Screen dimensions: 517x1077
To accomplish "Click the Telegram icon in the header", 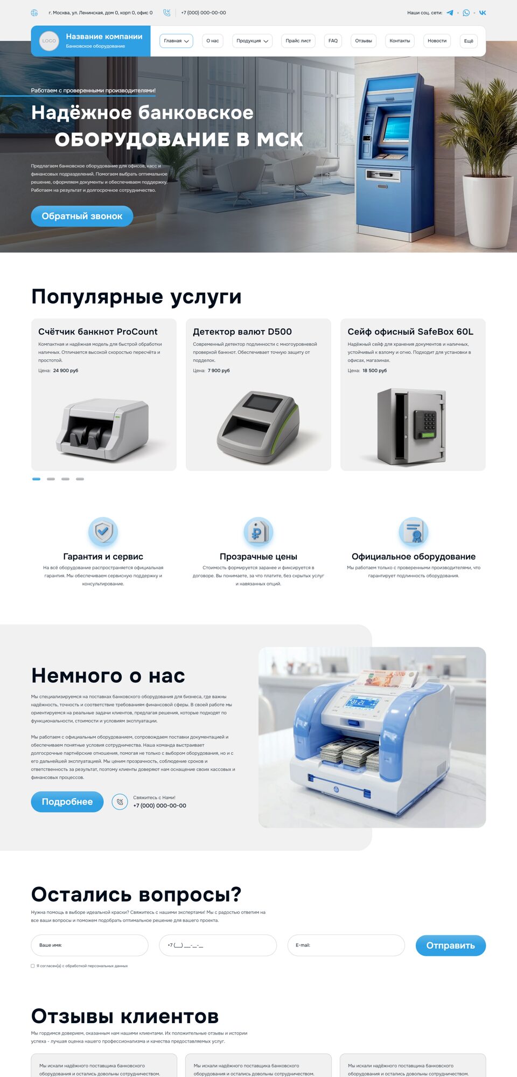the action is pyautogui.click(x=450, y=13).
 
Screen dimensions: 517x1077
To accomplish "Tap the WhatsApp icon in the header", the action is pyautogui.click(x=466, y=13).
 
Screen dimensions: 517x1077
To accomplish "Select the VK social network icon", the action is pyautogui.click(x=483, y=13).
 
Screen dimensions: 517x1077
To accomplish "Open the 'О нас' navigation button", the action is pyautogui.click(x=213, y=41).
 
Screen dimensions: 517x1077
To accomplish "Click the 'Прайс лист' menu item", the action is pyautogui.click(x=298, y=41).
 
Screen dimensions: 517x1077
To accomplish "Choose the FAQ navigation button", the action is pyautogui.click(x=333, y=41).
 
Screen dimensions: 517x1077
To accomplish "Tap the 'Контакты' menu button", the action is pyautogui.click(x=400, y=41).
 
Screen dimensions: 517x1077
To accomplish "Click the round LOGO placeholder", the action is pyautogui.click(x=49, y=41).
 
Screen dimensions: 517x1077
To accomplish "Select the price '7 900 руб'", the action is pyautogui.click(x=219, y=370).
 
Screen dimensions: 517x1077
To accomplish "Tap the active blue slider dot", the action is pyautogui.click(x=36, y=479).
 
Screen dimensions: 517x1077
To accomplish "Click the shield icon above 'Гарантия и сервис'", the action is pyautogui.click(x=103, y=531).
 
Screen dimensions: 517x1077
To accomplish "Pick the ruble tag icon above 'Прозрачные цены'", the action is pyautogui.click(x=258, y=531).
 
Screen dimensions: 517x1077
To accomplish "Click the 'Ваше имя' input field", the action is pyautogui.click(x=89, y=945).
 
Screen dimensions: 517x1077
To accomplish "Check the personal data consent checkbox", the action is pyautogui.click(x=33, y=966).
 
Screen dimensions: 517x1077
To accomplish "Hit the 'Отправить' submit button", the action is pyautogui.click(x=451, y=946).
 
